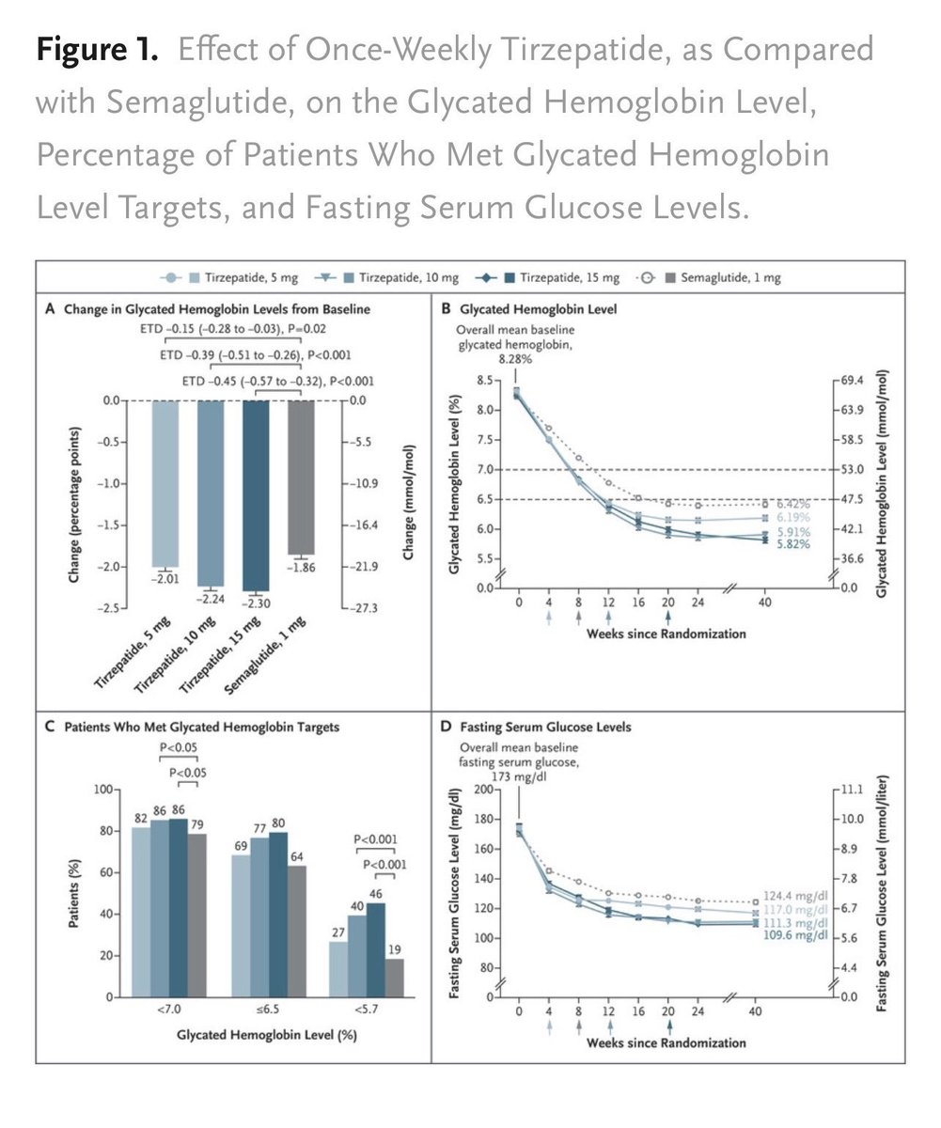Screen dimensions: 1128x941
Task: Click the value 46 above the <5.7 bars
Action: [x=376, y=894]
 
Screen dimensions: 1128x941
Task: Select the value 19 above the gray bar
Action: [x=395, y=950]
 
